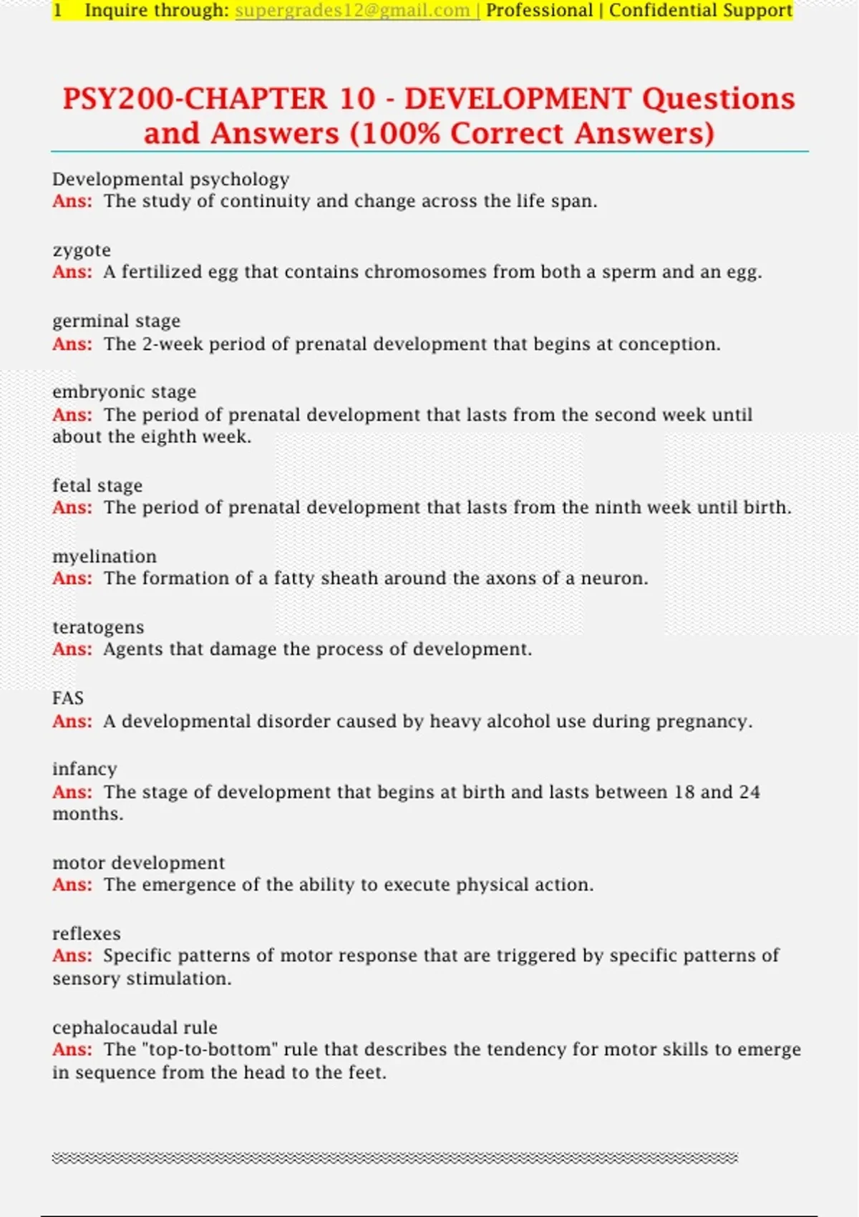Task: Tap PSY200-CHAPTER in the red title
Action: [x=195, y=99]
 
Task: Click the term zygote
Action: [x=82, y=251]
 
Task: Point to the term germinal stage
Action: [x=116, y=321]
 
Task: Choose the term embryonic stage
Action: [x=124, y=392]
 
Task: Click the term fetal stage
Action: [x=97, y=485]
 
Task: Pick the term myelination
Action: [x=105, y=556]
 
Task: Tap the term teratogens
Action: [x=98, y=627]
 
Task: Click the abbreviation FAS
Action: [x=68, y=698]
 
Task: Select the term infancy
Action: [x=84, y=769]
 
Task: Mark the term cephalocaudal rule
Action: [x=135, y=1027]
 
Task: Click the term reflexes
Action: [x=87, y=934]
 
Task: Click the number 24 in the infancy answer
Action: [x=749, y=792]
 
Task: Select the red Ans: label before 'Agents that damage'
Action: [x=72, y=649]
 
